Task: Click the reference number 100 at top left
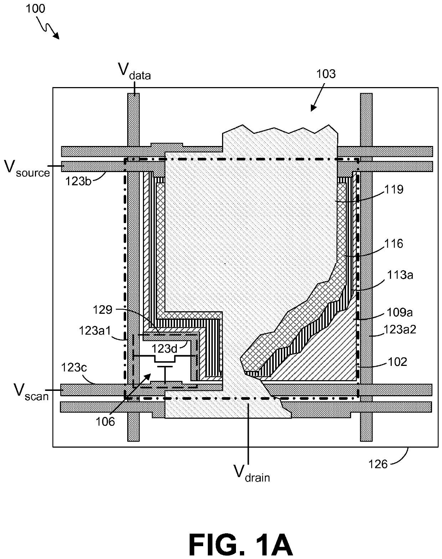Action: pos(36,8)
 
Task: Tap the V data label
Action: pos(134,71)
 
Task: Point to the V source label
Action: pos(27,168)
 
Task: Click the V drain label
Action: pos(252,474)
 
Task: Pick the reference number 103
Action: pos(326,74)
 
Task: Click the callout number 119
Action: pos(394,189)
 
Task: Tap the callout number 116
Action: pos(393,244)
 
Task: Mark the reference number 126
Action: pos(377,464)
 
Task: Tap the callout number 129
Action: pos(103,309)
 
